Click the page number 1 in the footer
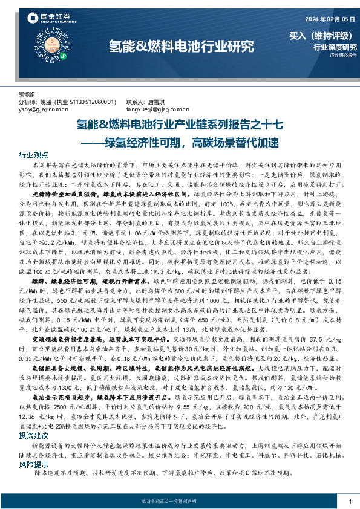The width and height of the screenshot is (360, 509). [x=350, y=501]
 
